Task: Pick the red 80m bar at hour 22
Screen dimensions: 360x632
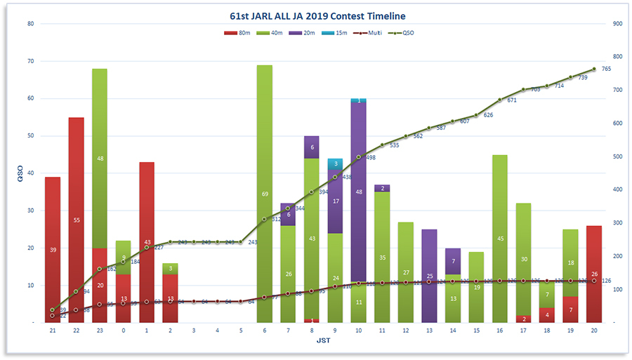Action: [76, 211]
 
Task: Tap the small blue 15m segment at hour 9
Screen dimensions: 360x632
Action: [335, 164]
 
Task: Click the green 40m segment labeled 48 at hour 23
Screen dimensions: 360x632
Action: [100, 158]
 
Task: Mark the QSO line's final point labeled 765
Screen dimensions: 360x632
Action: [594, 69]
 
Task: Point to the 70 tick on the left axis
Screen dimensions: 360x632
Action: [30, 61]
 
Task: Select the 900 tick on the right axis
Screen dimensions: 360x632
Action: [617, 24]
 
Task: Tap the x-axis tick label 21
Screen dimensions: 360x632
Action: [52, 330]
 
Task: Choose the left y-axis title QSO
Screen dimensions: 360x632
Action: [19, 173]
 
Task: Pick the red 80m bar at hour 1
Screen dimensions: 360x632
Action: [147, 239]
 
